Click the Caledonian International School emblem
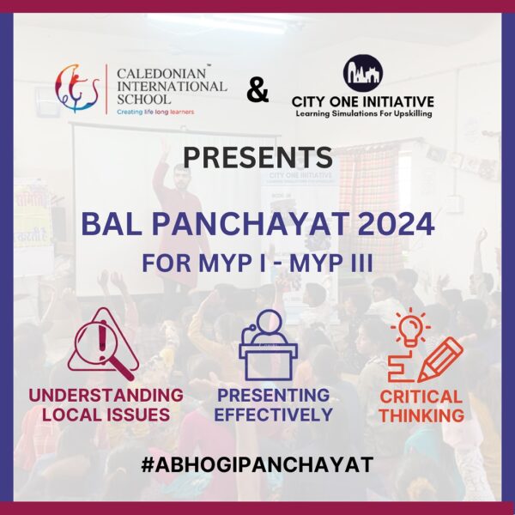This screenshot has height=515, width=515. click(x=77, y=88)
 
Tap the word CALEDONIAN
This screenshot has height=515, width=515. click(x=161, y=73)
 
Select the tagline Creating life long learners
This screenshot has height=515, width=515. click(x=155, y=112)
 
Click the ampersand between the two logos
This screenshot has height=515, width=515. click(x=257, y=90)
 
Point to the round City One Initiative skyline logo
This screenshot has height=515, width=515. click(x=363, y=73)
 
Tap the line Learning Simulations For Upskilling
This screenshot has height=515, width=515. click(x=364, y=114)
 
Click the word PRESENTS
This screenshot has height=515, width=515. click(x=257, y=158)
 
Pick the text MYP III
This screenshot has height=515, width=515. click(x=330, y=264)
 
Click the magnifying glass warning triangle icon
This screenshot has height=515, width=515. click(x=103, y=343)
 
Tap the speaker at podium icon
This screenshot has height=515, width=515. click(x=269, y=345)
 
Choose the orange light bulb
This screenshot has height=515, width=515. click(x=410, y=329)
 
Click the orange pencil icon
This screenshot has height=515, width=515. click(x=440, y=360)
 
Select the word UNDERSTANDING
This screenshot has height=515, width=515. click(x=106, y=395)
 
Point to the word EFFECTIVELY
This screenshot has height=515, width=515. click(x=273, y=415)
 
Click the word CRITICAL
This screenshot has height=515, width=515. click(x=421, y=397)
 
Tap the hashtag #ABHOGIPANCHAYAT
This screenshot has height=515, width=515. click(x=257, y=464)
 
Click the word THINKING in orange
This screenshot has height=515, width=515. click(x=421, y=415)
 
